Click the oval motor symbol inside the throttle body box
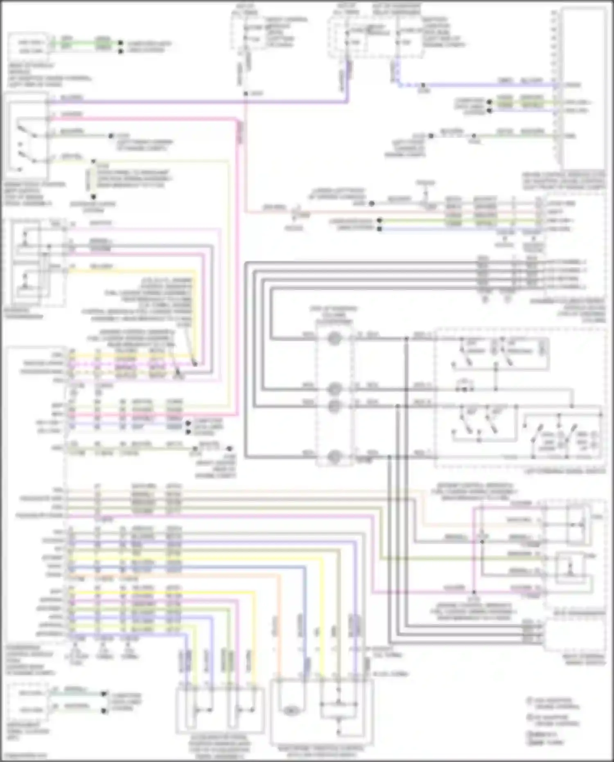pos(291,711)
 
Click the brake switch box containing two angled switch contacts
pos(25,135)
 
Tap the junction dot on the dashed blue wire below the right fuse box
pos(424,86)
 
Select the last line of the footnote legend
pos(544,742)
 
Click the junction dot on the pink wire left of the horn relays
pos(474,592)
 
